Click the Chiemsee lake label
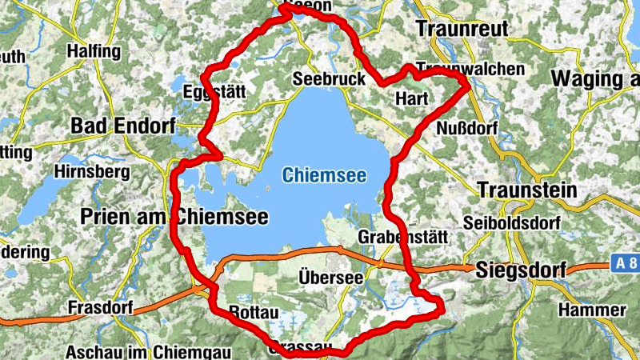(324, 174)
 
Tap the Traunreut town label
(462, 29)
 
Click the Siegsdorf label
(520, 270)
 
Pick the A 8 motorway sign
(626, 262)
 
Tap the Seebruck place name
(329, 79)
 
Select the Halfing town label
(94, 52)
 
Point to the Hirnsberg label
(91, 171)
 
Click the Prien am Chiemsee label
(174, 216)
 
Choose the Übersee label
(330, 277)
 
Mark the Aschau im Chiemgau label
(136, 351)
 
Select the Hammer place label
(593, 310)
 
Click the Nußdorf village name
(468, 128)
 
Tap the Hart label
(413, 99)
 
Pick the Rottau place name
(252, 311)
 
